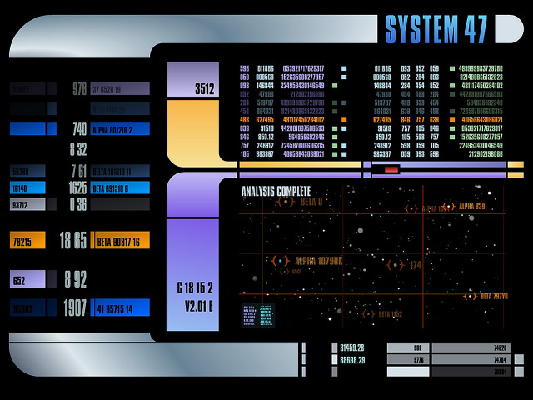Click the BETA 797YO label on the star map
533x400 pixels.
(493, 296)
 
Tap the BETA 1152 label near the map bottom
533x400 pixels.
(389, 314)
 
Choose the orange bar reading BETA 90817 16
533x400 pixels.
(121, 242)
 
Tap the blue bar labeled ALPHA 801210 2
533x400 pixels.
(121, 129)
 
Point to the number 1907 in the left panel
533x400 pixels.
(74, 308)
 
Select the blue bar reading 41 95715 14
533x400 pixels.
(121, 308)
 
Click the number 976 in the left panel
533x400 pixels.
(79, 89)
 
